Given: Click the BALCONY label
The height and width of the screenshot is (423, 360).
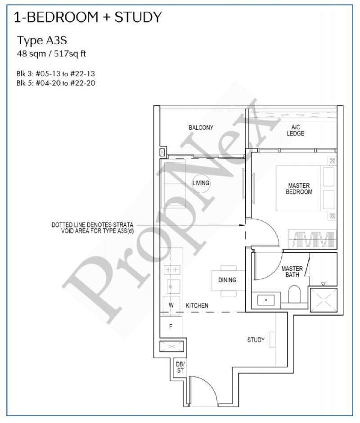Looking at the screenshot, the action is pos(201,127).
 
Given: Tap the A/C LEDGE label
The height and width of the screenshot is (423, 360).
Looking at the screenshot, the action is pos(295,130).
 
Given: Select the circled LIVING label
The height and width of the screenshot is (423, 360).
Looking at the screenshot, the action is pos(201,183).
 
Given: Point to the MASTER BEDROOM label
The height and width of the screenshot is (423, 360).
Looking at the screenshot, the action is pos(299,189).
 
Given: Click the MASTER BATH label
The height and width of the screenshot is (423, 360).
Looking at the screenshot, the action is pos(292,272).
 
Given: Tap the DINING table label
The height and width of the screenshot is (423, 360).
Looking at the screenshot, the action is pos(227,280).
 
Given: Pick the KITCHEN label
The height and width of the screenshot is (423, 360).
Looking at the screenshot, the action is pos(197,305).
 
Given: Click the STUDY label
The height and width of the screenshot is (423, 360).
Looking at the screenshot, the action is pos(256,340).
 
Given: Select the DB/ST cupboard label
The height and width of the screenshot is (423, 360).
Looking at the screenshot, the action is pos(180,368).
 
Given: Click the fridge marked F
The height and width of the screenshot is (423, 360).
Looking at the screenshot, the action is pos(171,327).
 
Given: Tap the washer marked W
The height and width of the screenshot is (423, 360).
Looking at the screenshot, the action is pos(171,305).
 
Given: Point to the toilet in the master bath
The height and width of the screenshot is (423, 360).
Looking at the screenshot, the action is pos(294,294).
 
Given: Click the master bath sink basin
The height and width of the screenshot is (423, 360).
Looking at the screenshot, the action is pos(266,300).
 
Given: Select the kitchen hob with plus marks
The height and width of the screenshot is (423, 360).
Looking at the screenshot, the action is pos(171,269).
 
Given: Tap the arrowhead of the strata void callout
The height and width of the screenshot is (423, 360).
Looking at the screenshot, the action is pos(243,225).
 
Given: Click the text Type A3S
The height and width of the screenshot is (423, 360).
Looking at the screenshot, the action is pos(42,41).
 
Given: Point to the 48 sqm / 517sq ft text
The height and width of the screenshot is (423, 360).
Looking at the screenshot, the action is pos(51,54).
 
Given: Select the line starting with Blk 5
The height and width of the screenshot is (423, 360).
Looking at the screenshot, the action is pos(56,83).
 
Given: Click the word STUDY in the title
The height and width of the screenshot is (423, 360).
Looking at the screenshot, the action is pos(138,17).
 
